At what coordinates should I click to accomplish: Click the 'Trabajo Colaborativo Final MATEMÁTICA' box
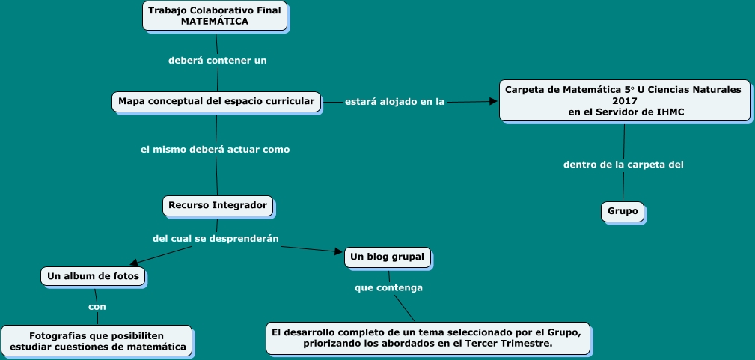[215, 16]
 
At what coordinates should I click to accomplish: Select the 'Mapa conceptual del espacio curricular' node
[217, 100]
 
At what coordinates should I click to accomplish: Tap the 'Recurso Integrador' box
[217, 204]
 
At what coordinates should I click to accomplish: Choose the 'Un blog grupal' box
[387, 257]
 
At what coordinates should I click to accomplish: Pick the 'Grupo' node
[623, 212]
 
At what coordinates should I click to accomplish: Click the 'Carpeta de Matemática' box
[624, 100]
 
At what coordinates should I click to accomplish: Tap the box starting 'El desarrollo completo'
[428, 338]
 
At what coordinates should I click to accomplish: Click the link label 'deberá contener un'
[217, 60]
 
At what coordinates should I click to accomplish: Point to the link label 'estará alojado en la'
[395, 102]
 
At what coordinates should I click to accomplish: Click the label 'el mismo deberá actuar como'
[216, 149]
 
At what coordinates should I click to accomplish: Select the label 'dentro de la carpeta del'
[623, 164]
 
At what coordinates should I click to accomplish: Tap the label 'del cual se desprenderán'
[216, 238]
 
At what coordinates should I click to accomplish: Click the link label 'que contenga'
[388, 287]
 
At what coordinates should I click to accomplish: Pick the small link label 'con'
[97, 306]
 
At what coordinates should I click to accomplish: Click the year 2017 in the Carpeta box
[623, 100]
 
